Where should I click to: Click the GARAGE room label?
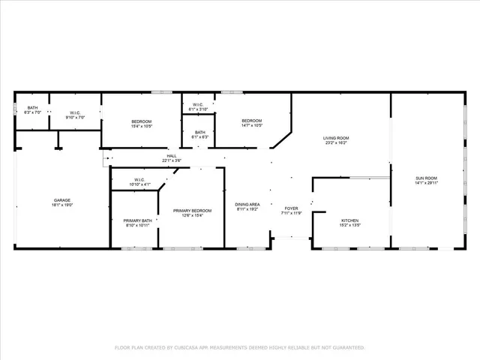pos(61,200)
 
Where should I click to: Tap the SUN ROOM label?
pos(426,178)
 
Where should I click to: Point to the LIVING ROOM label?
pos(336,138)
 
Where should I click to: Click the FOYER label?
pos(291,208)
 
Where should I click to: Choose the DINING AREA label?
pos(247,204)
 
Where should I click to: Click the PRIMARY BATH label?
pos(137,220)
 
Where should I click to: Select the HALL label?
pos(172,155)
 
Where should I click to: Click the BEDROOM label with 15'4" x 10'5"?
pos(142,121)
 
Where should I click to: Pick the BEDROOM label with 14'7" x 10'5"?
pos(251,121)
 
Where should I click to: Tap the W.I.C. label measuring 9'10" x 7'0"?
pos(75,112)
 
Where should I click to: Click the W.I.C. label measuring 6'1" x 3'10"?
pos(198,104)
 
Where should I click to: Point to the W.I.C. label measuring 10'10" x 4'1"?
pos(139,179)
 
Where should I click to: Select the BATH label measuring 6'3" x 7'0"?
pos(32,108)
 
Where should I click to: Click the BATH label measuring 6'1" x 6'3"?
pos(199,132)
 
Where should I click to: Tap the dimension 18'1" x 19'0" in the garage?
pos(61,205)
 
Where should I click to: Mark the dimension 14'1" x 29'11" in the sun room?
pos(426,182)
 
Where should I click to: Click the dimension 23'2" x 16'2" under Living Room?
pos(336,142)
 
